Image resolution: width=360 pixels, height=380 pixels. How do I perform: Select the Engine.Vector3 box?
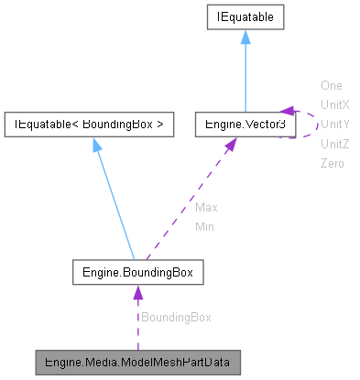tap(245, 123)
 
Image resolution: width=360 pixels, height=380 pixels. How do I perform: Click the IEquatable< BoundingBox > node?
tap(89, 123)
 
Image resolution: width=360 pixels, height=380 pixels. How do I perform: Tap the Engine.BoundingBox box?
tap(137, 272)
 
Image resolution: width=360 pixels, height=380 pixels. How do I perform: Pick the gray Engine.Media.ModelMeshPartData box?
tap(137, 362)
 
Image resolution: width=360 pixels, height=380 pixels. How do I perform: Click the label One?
tap(331, 85)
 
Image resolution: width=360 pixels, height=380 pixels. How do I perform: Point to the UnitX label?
tap(334, 104)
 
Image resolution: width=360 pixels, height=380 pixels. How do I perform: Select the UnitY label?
tap(334, 124)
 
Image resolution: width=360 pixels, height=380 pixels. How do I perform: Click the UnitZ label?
tap(334, 144)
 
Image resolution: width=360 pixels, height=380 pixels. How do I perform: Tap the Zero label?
tap(332, 163)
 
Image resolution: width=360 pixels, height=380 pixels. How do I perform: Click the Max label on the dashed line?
tap(206, 207)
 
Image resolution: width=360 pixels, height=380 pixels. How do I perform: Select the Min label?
tap(204, 226)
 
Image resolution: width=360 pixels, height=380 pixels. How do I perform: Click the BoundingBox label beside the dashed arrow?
tap(175, 317)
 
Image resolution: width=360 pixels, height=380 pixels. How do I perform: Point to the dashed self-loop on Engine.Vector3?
tap(309, 123)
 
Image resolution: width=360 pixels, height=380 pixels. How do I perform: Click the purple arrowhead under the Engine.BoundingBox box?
tap(137, 293)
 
